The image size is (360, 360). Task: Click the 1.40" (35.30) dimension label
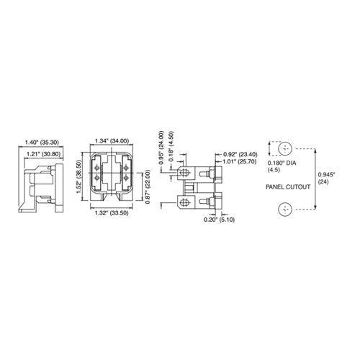42,143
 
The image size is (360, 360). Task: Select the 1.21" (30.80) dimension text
43,154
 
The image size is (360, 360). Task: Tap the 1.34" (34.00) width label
112,141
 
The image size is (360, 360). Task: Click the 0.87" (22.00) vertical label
148,186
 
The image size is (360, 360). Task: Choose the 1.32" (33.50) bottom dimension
112,213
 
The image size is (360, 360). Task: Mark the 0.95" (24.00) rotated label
161,148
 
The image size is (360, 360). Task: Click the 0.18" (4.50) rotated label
171,146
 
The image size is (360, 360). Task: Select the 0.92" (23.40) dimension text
240,154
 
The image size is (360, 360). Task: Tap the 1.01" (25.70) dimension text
240,161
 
